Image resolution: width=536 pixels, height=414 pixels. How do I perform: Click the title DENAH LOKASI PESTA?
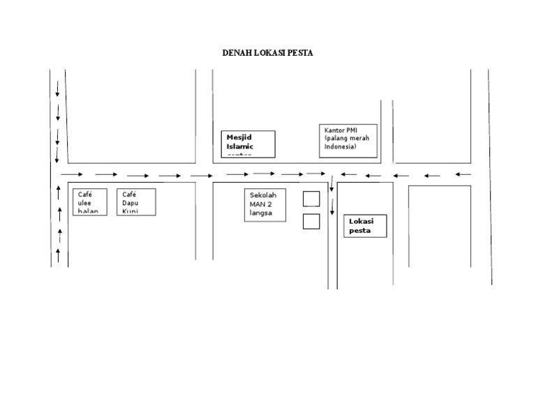click(268, 53)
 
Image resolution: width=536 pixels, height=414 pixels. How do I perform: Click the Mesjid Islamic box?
click(248, 144)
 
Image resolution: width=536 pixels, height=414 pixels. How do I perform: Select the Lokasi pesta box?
click(365, 226)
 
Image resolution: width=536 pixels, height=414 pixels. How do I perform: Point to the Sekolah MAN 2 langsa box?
click(265, 205)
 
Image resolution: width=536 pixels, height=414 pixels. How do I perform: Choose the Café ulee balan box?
click(90, 201)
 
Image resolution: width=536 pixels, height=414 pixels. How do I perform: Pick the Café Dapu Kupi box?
click(137, 201)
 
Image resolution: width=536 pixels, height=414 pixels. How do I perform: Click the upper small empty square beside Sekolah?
click(311, 199)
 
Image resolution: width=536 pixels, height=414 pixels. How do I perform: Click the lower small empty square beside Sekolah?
click(311, 222)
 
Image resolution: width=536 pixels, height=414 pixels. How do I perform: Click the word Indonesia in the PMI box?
click(340, 147)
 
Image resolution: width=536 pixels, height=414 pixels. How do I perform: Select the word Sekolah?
click(264, 194)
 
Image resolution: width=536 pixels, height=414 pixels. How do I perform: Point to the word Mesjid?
click(239, 137)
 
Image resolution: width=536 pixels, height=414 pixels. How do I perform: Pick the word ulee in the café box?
click(84, 203)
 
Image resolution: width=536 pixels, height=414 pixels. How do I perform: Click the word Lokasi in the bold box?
click(362, 221)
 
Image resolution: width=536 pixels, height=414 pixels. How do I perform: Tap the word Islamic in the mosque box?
click(240, 146)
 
